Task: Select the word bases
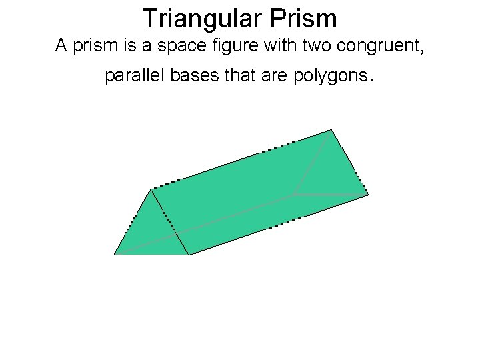(x=197, y=77)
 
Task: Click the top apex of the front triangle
(x=151, y=189)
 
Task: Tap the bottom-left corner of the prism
(x=114, y=255)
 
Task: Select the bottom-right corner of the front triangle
(x=189, y=254)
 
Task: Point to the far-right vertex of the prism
(x=369, y=195)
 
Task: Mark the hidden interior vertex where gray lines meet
(x=294, y=195)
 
